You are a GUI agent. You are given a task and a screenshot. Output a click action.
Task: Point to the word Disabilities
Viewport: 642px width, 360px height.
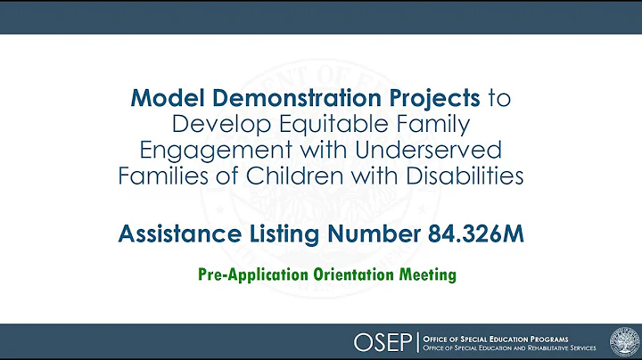coord(457,175)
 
